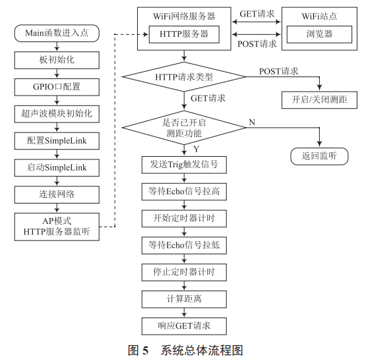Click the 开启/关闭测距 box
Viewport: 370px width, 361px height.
point(319,100)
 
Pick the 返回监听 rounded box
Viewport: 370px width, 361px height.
point(319,156)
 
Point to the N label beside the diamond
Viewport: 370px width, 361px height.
point(251,121)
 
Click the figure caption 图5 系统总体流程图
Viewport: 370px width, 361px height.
point(185,350)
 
